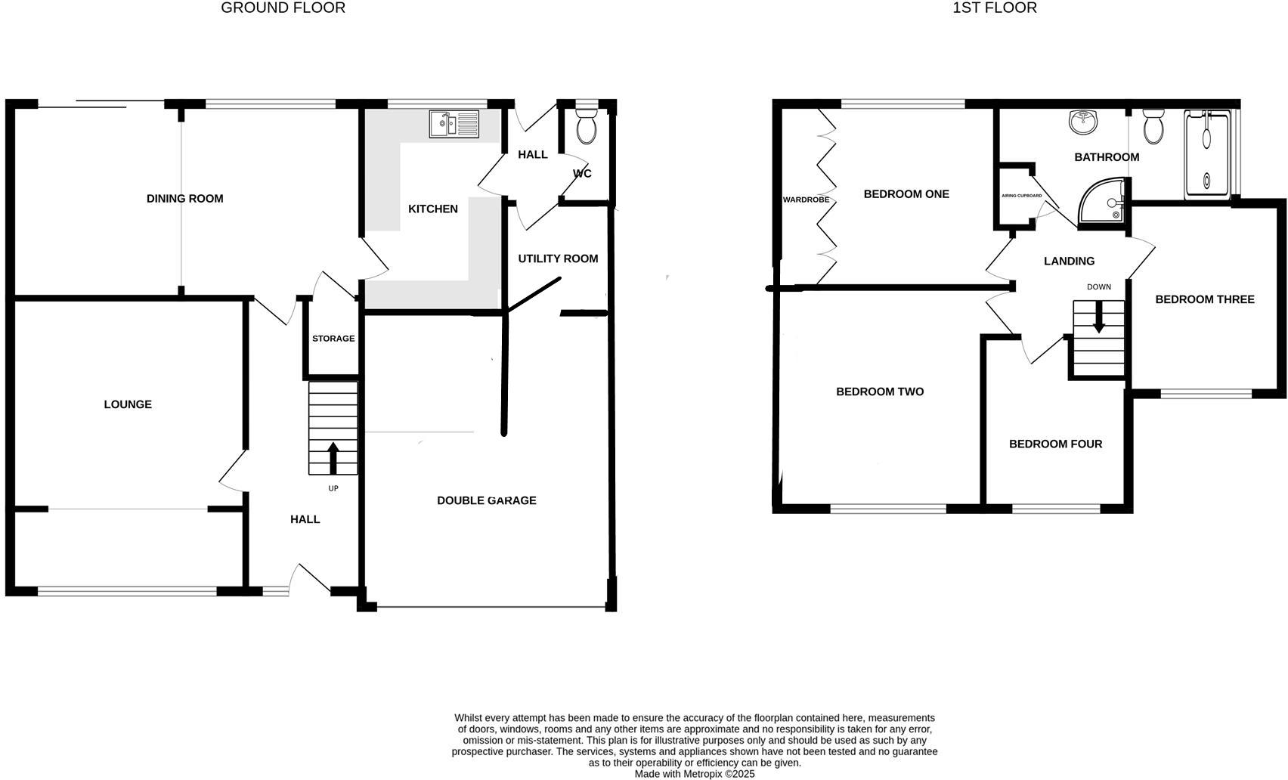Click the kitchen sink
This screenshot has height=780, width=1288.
[x=454, y=124]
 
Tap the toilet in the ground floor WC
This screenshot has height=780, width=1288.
[x=586, y=126]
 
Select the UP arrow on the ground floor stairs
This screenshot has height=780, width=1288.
[x=333, y=457]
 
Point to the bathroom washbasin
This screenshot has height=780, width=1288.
[x=1084, y=122]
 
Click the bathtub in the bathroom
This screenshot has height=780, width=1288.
[x=1207, y=153]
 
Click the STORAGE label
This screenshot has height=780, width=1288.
[x=333, y=339]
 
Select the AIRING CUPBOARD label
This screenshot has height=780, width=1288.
[x=1021, y=196]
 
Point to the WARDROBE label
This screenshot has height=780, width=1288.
[x=806, y=200]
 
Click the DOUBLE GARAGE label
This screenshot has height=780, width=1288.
[x=486, y=500]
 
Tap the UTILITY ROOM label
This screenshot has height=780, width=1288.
[x=558, y=258]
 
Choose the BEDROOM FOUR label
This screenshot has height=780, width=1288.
[x=1055, y=444]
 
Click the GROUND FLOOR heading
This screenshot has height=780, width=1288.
[x=283, y=8]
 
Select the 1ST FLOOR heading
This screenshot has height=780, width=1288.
[x=994, y=8]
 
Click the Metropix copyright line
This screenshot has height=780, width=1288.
[x=694, y=774]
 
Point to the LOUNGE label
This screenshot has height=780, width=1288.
[x=128, y=404]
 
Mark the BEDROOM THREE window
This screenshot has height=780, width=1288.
[x=1206, y=393]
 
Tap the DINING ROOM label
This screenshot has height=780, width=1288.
[x=184, y=199]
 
